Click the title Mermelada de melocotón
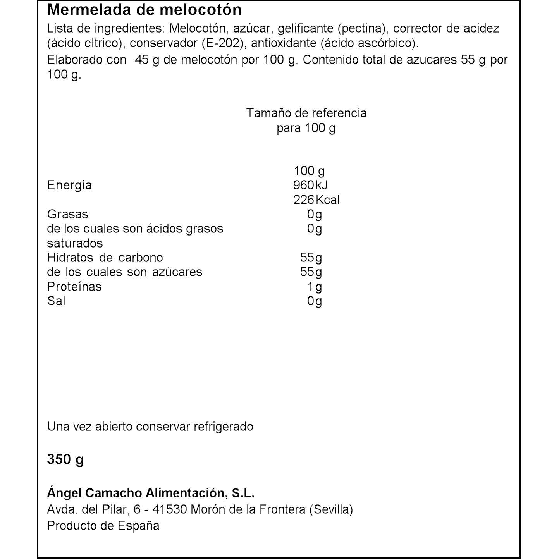tap(144, 10)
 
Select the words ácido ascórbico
tap(370, 43)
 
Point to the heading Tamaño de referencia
tap(306, 113)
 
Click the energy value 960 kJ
tap(310, 185)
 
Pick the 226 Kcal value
tap(316, 200)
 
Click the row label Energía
tap(69, 185)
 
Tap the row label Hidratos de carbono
tap(105, 258)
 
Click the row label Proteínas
tap(74, 287)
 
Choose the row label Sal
tap(56, 301)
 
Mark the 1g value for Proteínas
tap(315, 287)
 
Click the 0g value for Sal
tap(314, 301)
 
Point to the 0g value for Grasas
tap(314, 214)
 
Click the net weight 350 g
tap(65, 459)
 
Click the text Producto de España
tap(103, 526)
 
